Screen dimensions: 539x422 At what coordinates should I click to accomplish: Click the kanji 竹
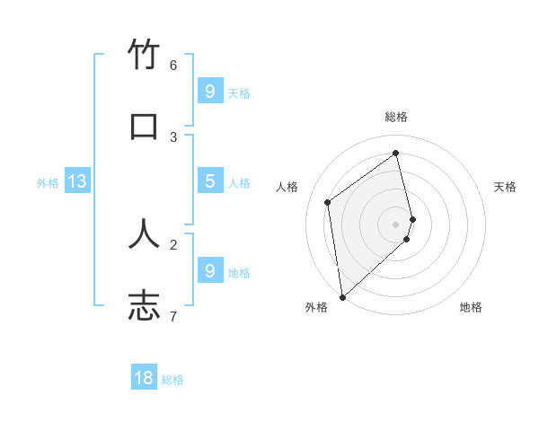point(145,57)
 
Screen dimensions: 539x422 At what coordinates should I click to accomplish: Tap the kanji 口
point(145,127)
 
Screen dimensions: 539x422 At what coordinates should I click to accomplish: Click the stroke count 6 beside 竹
point(173,65)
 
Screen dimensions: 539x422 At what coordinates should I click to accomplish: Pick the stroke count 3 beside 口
point(173,136)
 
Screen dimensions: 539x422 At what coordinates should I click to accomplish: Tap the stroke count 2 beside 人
point(173,243)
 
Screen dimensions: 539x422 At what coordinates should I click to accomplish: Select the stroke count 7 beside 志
point(173,315)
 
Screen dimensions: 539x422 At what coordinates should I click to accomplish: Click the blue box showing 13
point(77,181)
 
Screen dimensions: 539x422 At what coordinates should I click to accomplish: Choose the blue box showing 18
point(144,378)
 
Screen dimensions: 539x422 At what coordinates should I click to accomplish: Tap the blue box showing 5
point(209,181)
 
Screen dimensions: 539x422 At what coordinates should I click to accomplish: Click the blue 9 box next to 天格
point(209,91)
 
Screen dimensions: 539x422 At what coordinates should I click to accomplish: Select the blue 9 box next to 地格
point(209,270)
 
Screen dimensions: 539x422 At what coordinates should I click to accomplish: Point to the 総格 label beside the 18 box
point(172,380)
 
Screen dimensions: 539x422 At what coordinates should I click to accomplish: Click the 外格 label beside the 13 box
point(48,183)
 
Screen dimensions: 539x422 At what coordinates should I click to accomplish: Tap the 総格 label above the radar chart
point(396,117)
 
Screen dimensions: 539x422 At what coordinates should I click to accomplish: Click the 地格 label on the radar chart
point(471,307)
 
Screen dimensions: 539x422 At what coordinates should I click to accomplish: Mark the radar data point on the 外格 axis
point(342,296)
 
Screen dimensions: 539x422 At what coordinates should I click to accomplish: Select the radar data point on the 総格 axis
point(396,153)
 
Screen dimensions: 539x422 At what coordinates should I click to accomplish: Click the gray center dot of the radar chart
point(396,224)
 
